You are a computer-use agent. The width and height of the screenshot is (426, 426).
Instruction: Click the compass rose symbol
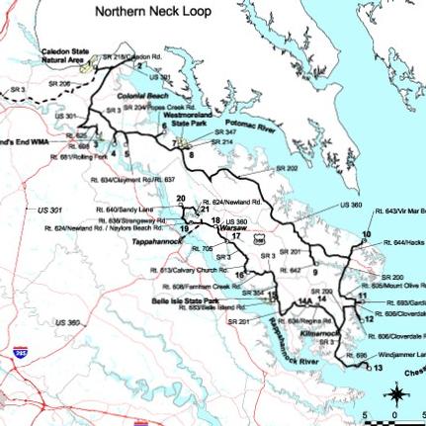[x=396, y=394]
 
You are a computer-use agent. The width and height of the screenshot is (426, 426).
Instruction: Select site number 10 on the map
[x=366, y=234]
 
